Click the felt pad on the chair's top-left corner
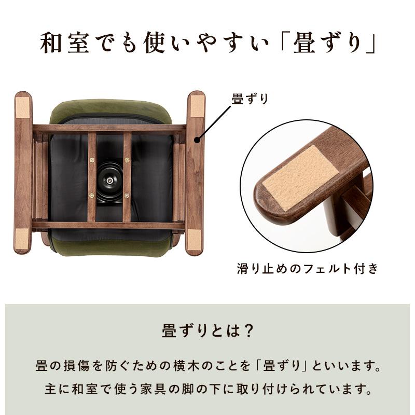click(23, 107)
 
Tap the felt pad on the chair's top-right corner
click(196, 107)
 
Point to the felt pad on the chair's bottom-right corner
click(194, 240)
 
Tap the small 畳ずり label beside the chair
click(251, 99)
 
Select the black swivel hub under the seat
click(109, 177)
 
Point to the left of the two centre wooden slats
click(92, 176)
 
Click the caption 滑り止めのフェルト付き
click(307, 269)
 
